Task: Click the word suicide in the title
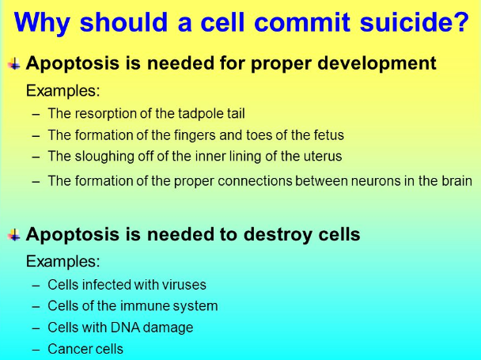click(415, 22)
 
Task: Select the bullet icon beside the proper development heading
click(14, 64)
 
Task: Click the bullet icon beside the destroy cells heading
click(14, 235)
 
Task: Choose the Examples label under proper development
click(62, 91)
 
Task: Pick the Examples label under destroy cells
click(62, 261)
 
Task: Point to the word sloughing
click(104, 157)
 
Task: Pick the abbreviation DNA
click(125, 328)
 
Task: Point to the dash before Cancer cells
click(36, 350)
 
